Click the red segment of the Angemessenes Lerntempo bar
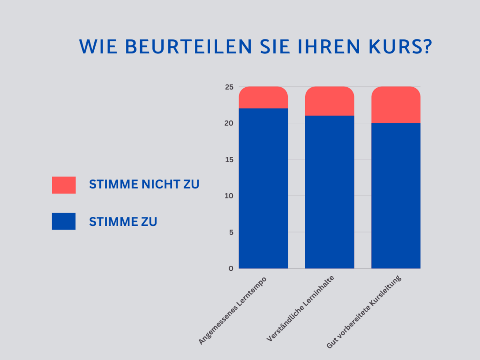(263, 98)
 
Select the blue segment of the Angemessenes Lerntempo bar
(263, 188)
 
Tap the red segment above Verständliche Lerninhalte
(329, 101)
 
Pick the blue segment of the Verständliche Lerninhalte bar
(329, 192)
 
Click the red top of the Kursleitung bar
(395, 105)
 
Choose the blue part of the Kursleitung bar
(395, 195)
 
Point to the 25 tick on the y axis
(229, 87)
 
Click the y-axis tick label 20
(229, 123)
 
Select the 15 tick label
(229, 160)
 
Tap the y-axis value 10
(229, 196)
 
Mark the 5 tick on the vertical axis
(231, 232)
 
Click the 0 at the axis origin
(231, 268)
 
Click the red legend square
(64, 185)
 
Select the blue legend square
(64, 221)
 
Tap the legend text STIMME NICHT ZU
(144, 185)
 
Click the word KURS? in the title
(400, 47)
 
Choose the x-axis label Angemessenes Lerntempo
(233, 310)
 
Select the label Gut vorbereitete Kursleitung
(364, 312)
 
